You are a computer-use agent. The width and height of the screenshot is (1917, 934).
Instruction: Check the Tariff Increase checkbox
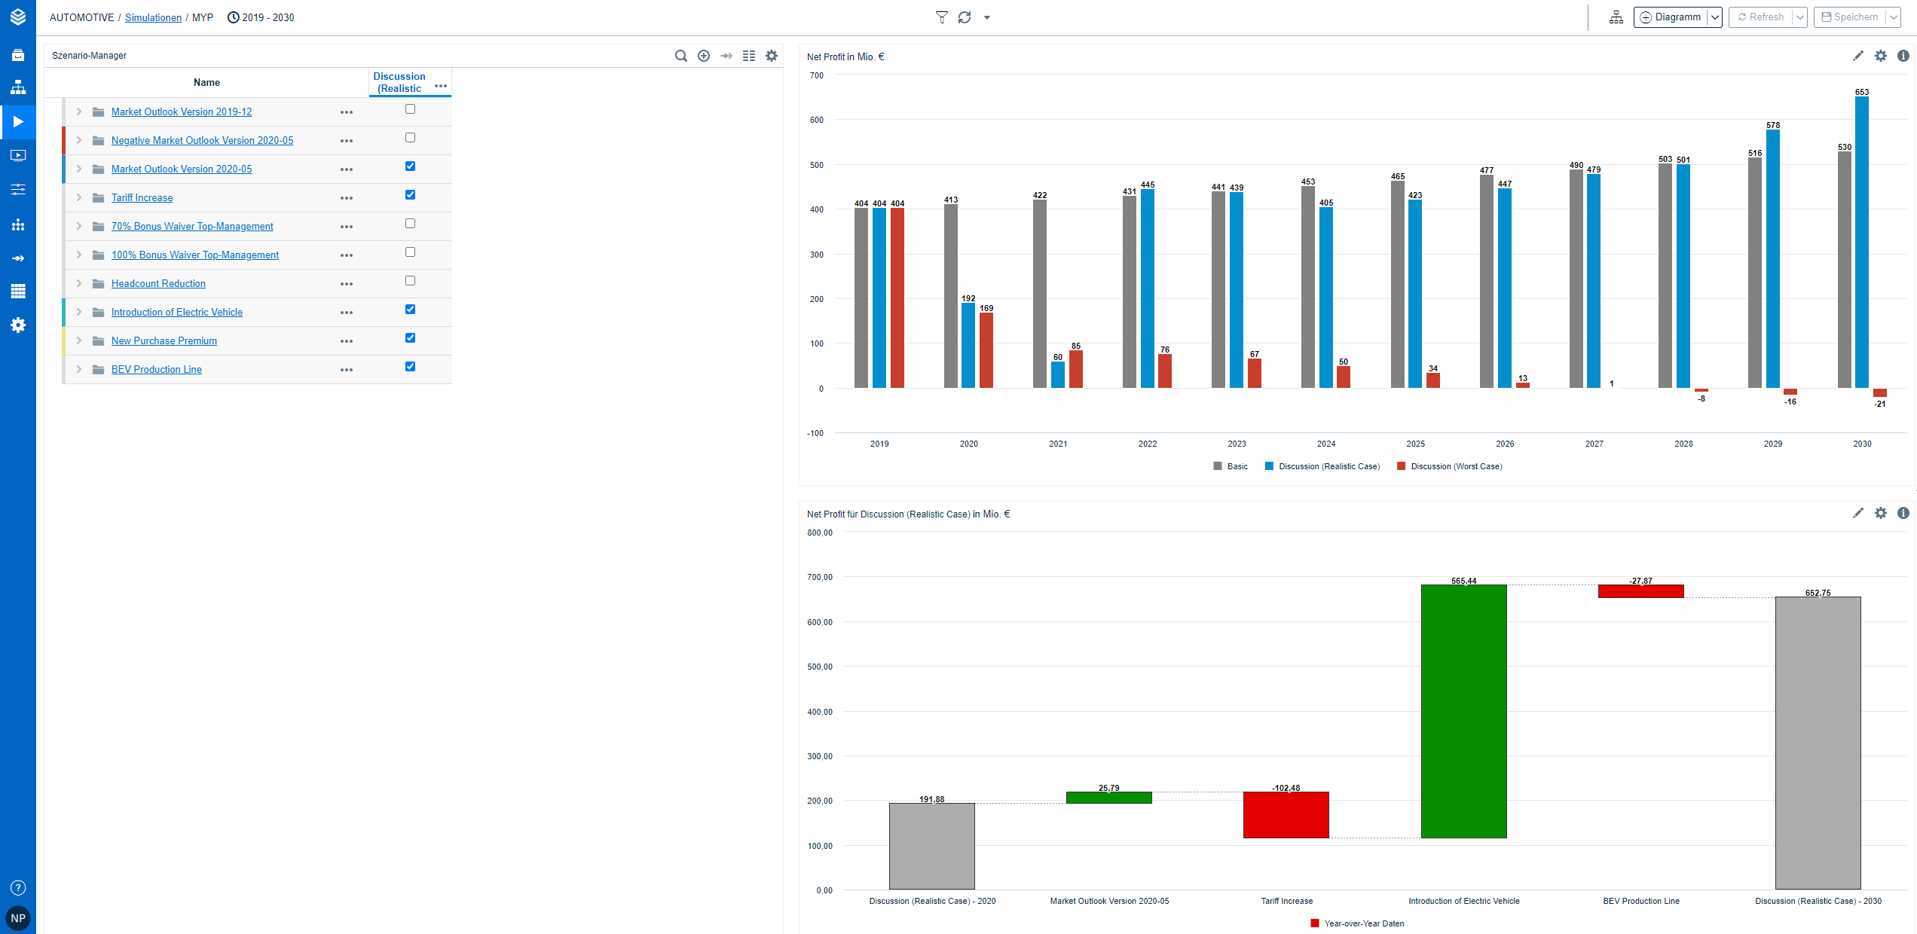point(410,195)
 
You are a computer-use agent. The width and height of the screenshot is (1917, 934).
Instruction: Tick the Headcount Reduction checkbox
point(410,281)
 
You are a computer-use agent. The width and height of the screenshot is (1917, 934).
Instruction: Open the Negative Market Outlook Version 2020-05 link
point(202,141)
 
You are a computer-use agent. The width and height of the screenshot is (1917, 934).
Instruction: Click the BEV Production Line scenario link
point(156,370)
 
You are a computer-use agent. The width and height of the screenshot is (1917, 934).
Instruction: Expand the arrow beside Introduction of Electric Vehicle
point(78,313)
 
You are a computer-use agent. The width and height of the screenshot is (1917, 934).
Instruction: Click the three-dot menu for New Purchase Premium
point(347,341)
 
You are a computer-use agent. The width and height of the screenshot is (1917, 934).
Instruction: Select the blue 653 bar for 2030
point(1861,241)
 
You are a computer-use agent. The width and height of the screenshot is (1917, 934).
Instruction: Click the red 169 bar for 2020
point(986,350)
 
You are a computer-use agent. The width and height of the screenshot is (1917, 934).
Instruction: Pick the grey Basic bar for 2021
point(1039,294)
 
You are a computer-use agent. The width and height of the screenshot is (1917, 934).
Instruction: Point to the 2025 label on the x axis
point(1415,444)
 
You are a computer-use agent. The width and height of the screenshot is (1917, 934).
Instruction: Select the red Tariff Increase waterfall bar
point(1286,814)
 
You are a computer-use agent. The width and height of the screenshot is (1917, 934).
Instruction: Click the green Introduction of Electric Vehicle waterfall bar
point(1463,711)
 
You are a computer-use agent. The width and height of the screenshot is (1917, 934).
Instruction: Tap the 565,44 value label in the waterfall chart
point(1463,581)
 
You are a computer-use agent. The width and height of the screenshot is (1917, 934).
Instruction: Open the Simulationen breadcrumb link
point(153,18)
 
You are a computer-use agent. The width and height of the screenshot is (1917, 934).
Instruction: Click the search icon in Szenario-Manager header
point(680,56)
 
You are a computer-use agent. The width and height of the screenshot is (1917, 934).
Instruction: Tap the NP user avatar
point(18,918)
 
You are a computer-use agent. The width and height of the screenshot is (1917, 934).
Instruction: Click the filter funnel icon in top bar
point(941,17)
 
